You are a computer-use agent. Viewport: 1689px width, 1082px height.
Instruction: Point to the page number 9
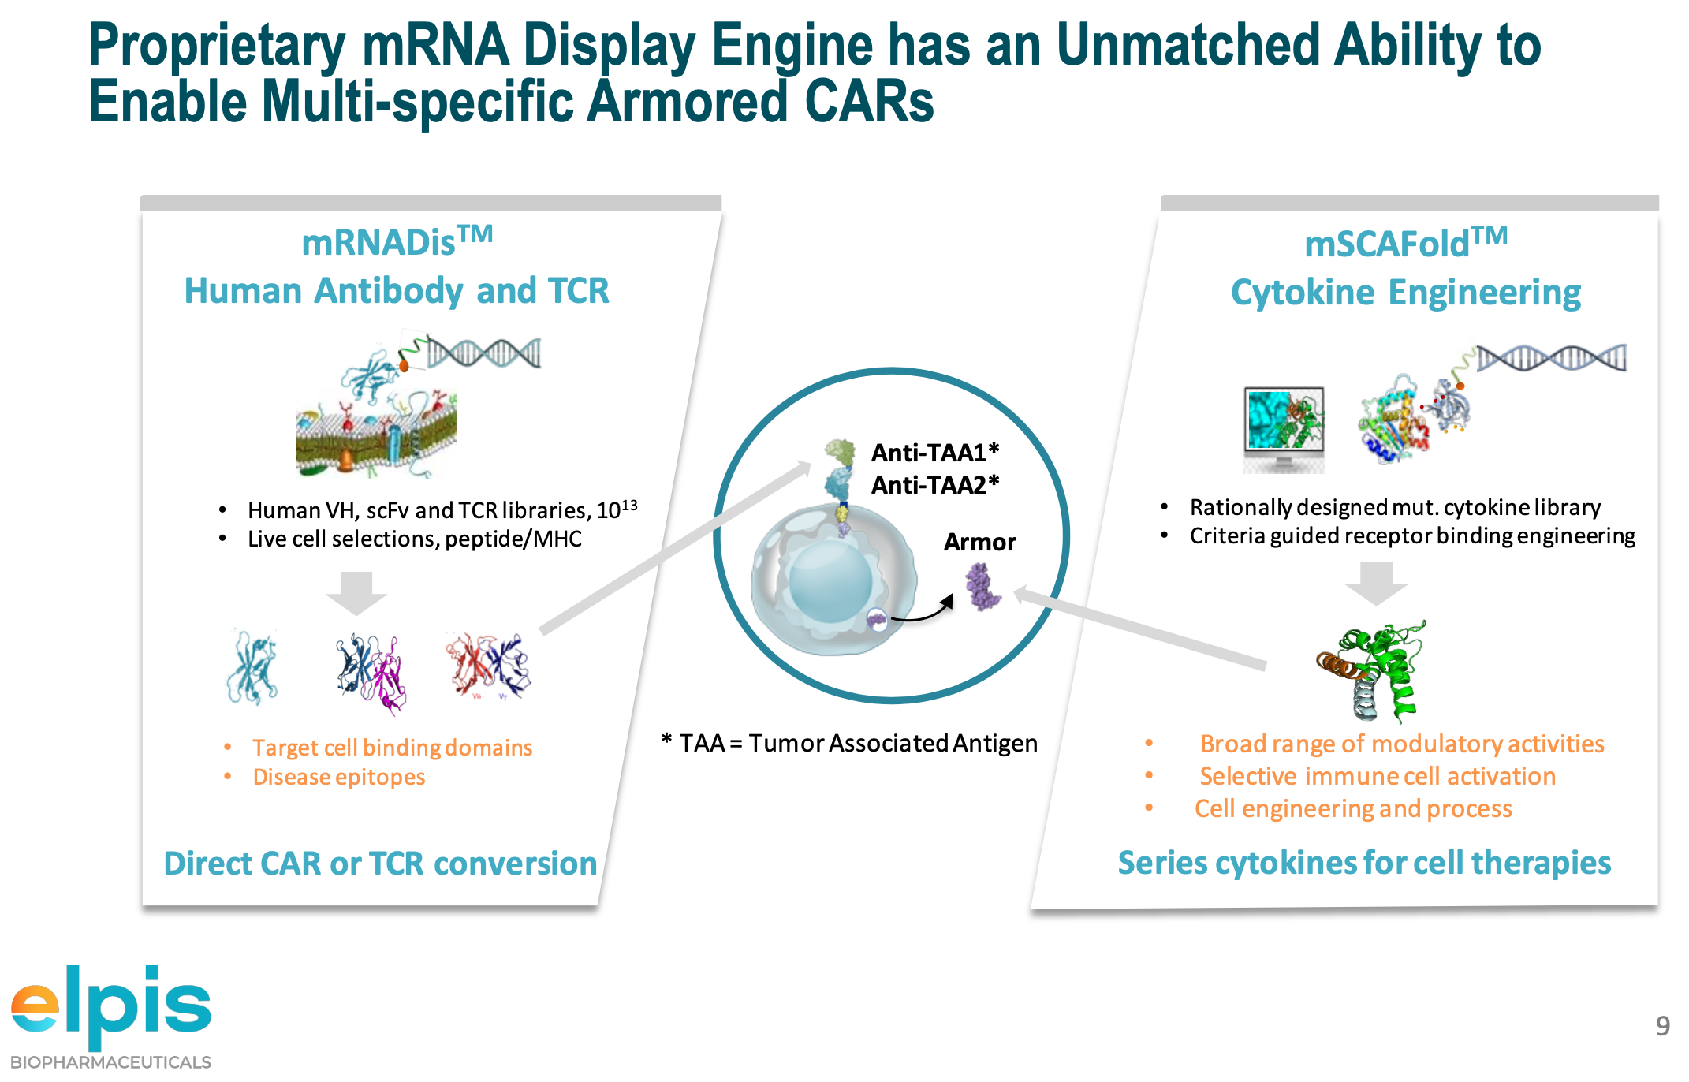pos(1663,1025)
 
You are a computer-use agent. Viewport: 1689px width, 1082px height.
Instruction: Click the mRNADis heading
pos(397,241)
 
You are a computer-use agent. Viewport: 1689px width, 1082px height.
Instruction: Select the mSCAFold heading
pos(1406,243)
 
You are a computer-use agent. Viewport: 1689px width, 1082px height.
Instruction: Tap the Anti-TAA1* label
pos(935,453)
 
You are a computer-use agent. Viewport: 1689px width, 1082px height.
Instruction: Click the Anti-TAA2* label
pos(935,485)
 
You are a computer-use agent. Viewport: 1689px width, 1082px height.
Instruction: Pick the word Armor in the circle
pos(980,543)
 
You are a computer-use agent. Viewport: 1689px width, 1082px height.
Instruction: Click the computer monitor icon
pos(1284,429)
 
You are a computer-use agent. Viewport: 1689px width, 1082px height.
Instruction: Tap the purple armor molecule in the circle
pos(982,587)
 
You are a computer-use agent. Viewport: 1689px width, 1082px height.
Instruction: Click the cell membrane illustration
pos(376,433)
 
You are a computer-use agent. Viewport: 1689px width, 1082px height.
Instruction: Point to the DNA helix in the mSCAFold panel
pos(1551,358)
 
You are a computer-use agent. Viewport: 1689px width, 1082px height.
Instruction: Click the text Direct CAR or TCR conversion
pos(380,864)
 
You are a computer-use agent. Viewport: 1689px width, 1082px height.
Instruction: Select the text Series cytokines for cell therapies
pos(1364,863)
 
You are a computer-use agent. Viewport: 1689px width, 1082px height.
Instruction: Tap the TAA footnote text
pos(849,743)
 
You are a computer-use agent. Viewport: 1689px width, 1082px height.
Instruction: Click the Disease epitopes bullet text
pos(339,778)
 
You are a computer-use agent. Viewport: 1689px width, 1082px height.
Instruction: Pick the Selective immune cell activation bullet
pos(1378,776)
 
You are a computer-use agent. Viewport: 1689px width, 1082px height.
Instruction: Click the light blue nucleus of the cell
pos(830,581)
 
